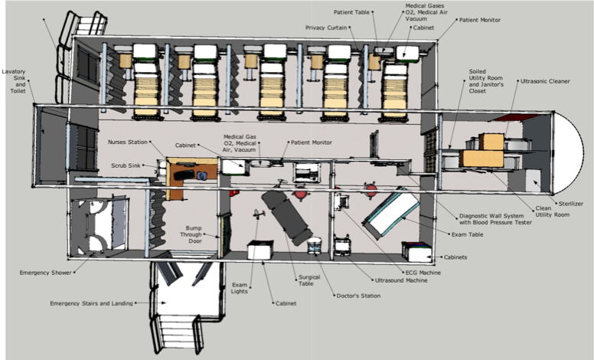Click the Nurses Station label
[128, 142]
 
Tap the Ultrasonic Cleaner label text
[545, 81]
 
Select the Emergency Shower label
[45, 273]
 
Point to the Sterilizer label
[571, 204]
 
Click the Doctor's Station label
[358, 296]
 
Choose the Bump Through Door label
[191, 234]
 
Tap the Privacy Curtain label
[326, 28]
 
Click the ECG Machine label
[423, 273]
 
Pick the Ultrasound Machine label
[401, 280]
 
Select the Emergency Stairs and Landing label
[91, 303]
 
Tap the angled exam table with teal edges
[390, 213]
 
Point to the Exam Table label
[468, 234]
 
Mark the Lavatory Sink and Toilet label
[15, 81]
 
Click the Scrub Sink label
[126, 165]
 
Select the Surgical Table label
[309, 280]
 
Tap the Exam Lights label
[240, 288]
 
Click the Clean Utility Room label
[553, 211]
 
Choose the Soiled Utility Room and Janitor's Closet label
[486, 81]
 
